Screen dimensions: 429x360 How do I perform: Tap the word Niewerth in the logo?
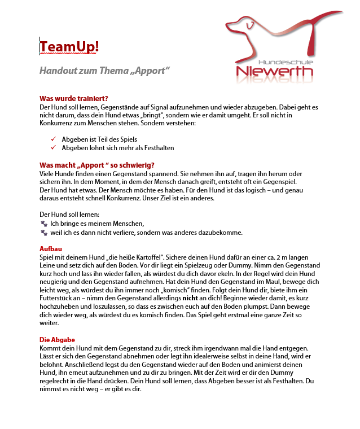tap(275, 72)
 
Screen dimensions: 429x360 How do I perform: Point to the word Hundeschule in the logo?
tap(286, 60)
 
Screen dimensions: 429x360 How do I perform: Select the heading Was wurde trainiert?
tap(74, 98)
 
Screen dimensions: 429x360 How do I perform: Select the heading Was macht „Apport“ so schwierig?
tap(97, 165)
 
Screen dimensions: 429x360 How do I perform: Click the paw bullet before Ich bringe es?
tap(44, 224)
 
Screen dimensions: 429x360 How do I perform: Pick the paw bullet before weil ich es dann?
tap(44, 233)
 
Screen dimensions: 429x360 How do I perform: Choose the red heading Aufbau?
tap(50, 248)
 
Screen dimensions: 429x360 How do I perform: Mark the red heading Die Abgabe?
tap(57, 340)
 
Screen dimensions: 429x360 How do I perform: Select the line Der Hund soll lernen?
tap(69, 215)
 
